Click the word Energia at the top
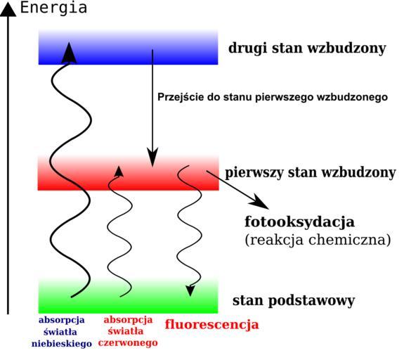[x=53, y=8]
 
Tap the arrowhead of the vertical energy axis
[x=8, y=10]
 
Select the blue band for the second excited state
[x=129, y=47]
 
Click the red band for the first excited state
[x=129, y=173]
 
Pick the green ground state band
[x=129, y=296]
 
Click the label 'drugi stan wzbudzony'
[x=307, y=49]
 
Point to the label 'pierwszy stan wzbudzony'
[x=311, y=172]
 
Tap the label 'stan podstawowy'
[x=294, y=301]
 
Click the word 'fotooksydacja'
[x=299, y=221]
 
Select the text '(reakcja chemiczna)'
[x=318, y=240]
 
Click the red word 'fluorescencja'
[x=211, y=324]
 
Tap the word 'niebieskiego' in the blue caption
[x=62, y=344]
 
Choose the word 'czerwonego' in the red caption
[x=128, y=343]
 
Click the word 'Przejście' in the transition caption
[x=179, y=98]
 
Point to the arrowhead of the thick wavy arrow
[x=69, y=53]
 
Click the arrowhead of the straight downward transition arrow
[x=152, y=157]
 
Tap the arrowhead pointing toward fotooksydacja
[x=260, y=202]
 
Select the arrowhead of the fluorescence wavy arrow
[x=190, y=290]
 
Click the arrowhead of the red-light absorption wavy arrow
[x=119, y=172]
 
